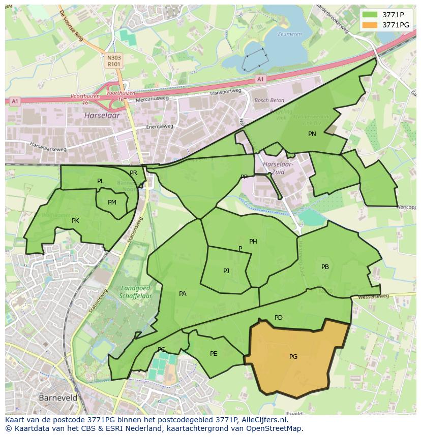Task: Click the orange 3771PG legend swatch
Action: pyautogui.click(x=371, y=25)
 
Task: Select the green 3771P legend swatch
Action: pyautogui.click(x=371, y=15)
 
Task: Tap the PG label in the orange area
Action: pyautogui.click(x=293, y=357)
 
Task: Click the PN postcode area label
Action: pyautogui.click(x=312, y=134)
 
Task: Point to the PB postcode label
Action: pyautogui.click(x=325, y=267)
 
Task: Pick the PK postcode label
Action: pyautogui.click(x=75, y=221)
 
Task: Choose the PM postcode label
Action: pyautogui.click(x=112, y=203)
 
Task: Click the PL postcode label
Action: pyautogui.click(x=100, y=181)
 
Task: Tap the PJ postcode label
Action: pyautogui.click(x=226, y=271)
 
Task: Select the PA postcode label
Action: pyautogui.click(x=183, y=293)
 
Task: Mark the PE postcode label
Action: pyautogui.click(x=214, y=354)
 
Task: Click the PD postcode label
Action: pyautogui.click(x=279, y=318)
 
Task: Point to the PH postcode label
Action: pyautogui.click(x=253, y=242)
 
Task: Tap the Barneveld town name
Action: pyautogui.click(x=58, y=398)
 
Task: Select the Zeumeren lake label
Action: pyautogui.click(x=289, y=35)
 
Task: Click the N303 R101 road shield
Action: pyautogui.click(x=114, y=61)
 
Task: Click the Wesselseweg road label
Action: pyautogui.click(x=373, y=296)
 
